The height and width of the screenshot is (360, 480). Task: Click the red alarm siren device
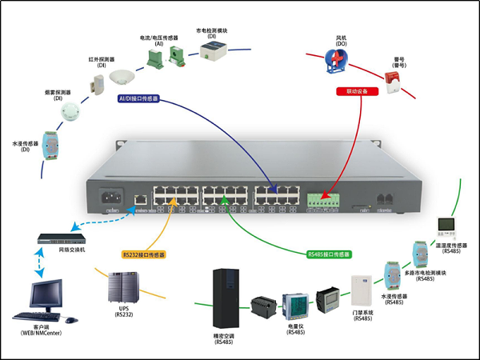tap(392, 78)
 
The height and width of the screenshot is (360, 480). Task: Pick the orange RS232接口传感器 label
tap(144, 255)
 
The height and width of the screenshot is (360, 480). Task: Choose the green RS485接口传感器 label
tap(329, 254)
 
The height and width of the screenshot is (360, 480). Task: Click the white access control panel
tap(361, 290)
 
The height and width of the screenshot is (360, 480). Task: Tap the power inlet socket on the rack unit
tap(110, 196)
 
